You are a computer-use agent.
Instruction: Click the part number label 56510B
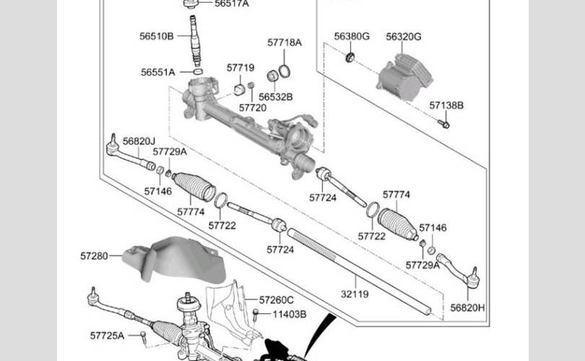pyautogui.click(x=157, y=35)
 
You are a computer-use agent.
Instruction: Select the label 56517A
pyautogui.click(x=231, y=4)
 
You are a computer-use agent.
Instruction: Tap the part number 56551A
pyautogui.click(x=158, y=72)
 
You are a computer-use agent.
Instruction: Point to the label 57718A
pyautogui.click(x=284, y=43)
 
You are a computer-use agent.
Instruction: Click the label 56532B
pyautogui.click(x=276, y=96)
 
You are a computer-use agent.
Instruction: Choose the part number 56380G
pyautogui.click(x=352, y=36)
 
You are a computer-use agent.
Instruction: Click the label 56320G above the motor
pyautogui.click(x=403, y=36)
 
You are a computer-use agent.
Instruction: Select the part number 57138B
pyautogui.click(x=446, y=105)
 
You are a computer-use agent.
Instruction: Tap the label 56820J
pyautogui.click(x=139, y=141)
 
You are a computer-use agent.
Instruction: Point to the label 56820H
pyautogui.click(x=467, y=308)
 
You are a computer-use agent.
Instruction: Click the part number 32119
pyautogui.click(x=354, y=295)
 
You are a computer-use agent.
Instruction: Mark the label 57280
pyautogui.click(x=94, y=256)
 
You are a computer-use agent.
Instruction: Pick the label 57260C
pyautogui.click(x=277, y=300)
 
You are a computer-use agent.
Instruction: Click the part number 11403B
pyautogui.click(x=290, y=314)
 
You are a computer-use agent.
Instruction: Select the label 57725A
pyautogui.click(x=107, y=336)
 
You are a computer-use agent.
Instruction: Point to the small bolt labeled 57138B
pyautogui.click(x=444, y=124)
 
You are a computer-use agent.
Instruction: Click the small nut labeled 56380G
pyautogui.click(x=350, y=57)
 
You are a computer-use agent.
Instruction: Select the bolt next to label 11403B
pyautogui.click(x=256, y=314)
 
